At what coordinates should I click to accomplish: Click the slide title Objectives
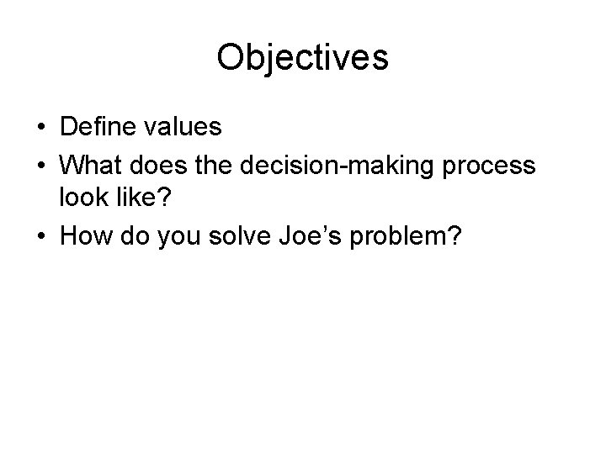(302, 58)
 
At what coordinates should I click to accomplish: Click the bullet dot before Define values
(40, 129)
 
